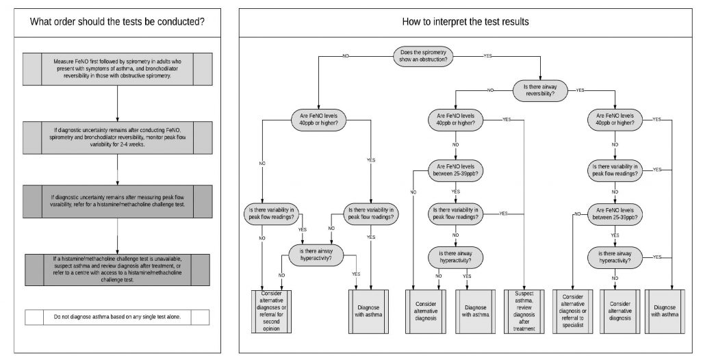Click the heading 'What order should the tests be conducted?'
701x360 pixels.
pyautogui.click(x=117, y=21)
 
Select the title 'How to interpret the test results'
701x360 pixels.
pyautogui.click(x=466, y=21)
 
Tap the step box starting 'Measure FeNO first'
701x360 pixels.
pyautogui.click(x=117, y=69)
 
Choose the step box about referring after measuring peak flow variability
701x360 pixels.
pyautogui.click(x=117, y=201)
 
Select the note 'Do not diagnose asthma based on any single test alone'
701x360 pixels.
pyautogui.click(x=117, y=318)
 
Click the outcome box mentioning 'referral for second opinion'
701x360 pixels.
pyautogui.click(x=271, y=309)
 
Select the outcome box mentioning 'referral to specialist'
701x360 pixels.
pyautogui.click(x=574, y=309)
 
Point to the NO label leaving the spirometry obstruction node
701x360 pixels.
pyautogui.click(x=346, y=55)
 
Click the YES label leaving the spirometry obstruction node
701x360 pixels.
pyautogui.click(x=488, y=55)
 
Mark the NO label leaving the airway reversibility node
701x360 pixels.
pyautogui.click(x=491, y=90)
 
